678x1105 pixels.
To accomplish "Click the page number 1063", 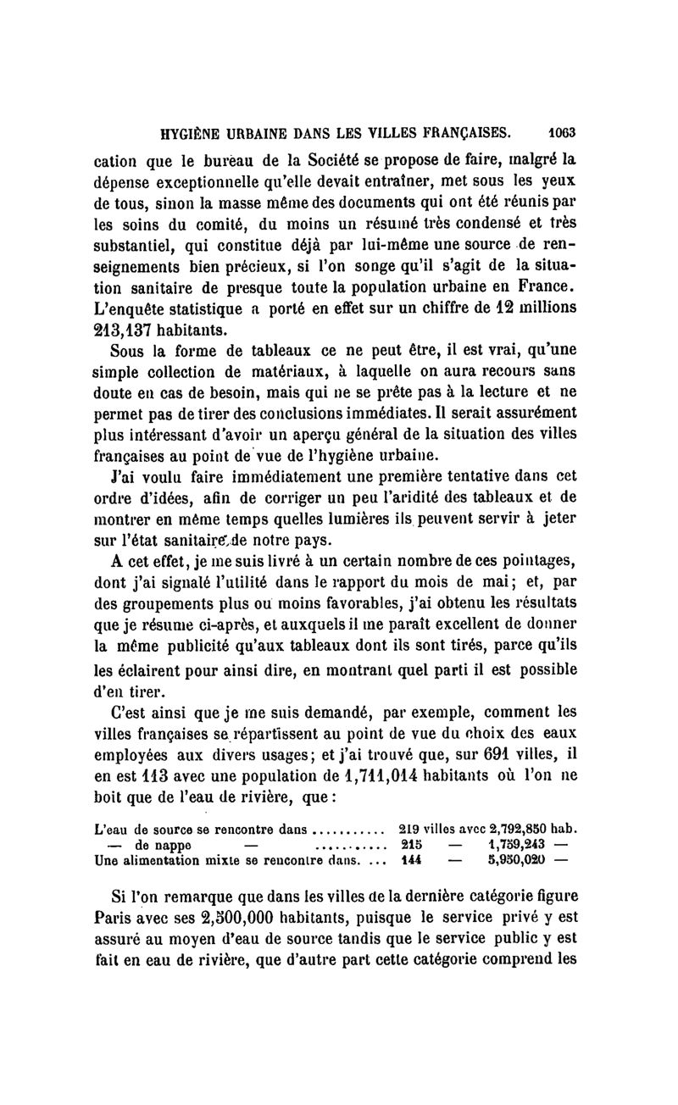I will [561, 132].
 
